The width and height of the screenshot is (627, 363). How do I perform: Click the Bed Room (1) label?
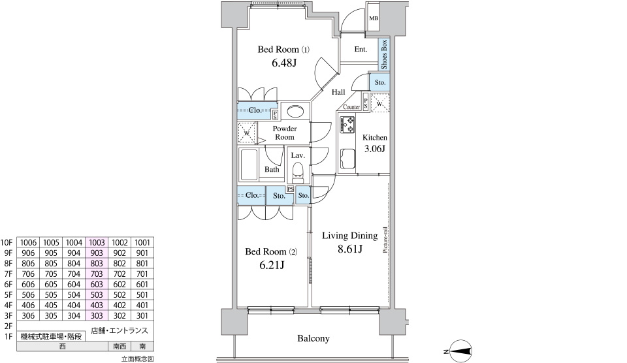tap(283, 50)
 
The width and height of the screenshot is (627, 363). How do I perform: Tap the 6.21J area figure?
tap(272, 265)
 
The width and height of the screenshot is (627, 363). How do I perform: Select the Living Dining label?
tap(350, 236)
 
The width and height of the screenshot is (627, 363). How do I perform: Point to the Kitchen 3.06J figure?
tap(375, 149)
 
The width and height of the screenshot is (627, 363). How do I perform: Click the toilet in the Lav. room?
tap(298, 172)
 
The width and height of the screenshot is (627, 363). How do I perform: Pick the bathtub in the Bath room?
tap(249, 165)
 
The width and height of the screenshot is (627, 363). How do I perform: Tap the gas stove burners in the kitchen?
tap(347, 124)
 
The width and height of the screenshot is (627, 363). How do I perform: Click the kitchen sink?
tap(347, 159)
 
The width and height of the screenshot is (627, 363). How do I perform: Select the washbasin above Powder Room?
tap(295, 111)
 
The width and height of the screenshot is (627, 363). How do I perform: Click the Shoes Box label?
tap(384, 54)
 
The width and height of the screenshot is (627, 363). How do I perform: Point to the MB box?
tap(374, 18)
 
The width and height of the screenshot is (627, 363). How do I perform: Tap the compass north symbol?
tap(460, 351)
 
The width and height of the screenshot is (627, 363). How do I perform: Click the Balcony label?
tap(313, 339)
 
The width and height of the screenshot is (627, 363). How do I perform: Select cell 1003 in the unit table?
tap(97, 242)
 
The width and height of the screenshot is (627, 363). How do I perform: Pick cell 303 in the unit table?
tap(97, 315)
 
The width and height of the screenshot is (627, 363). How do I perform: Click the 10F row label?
tap(7, 243)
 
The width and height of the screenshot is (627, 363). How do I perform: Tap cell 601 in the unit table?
tap(142, 284)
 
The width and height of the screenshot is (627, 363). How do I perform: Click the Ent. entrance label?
tap(361, 49)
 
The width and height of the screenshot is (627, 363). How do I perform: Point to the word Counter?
tap(351, 106)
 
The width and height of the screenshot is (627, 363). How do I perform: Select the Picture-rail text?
tap(385, 240)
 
